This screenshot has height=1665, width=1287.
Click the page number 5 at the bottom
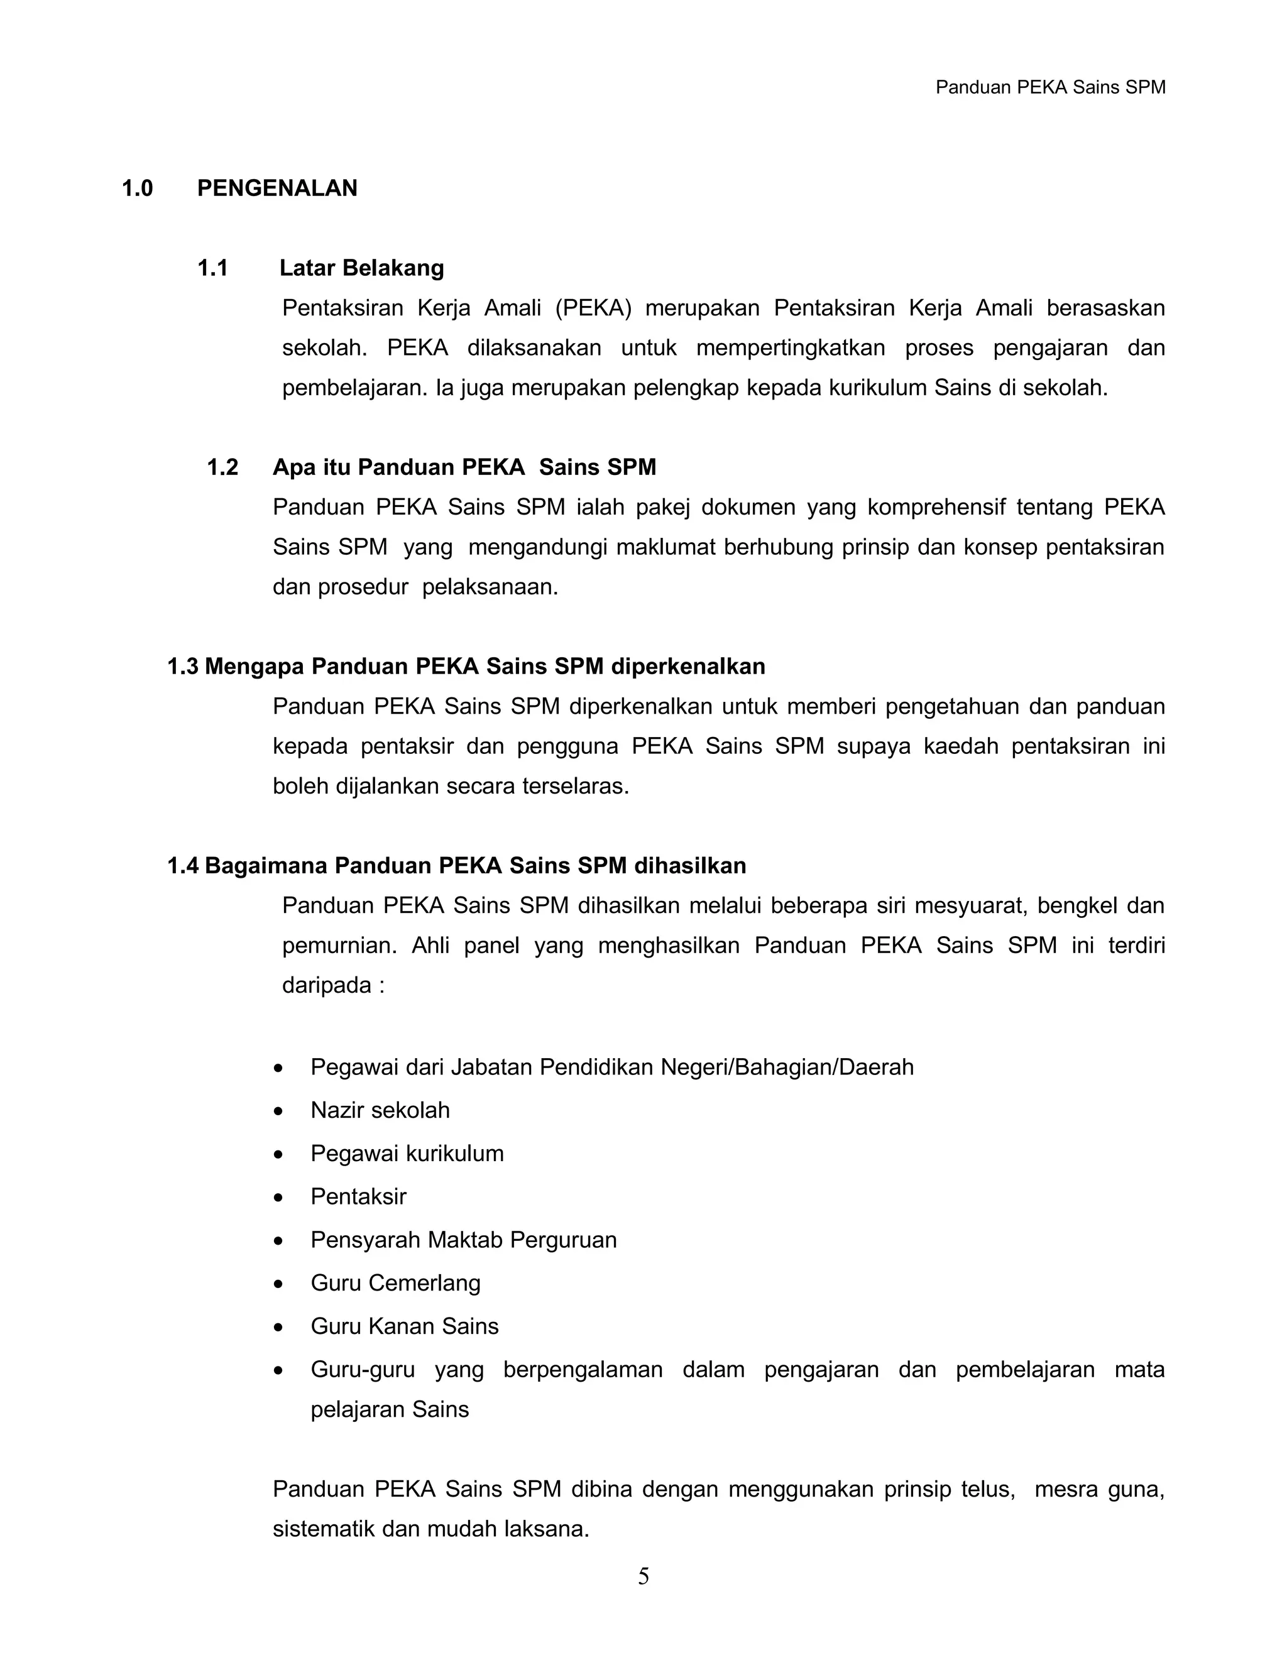[643, 1576]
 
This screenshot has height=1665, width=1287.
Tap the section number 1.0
[137, 188]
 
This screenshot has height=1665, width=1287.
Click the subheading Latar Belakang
[361, 268]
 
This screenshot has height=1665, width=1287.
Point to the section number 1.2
[222, 467]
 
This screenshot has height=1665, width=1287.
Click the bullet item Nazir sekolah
[380, 1110]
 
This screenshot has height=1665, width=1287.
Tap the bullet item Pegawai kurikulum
[407, 1154]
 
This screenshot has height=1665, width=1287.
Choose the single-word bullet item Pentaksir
[358, 1196]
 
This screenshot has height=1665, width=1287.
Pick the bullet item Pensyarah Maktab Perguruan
[464, 1240]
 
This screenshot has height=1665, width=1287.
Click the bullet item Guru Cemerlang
[395, 1283]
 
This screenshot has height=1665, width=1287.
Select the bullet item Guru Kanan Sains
[404, 1326]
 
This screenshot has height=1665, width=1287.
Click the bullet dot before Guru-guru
[279, 1371]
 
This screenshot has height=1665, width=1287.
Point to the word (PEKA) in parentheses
[594, 308]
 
